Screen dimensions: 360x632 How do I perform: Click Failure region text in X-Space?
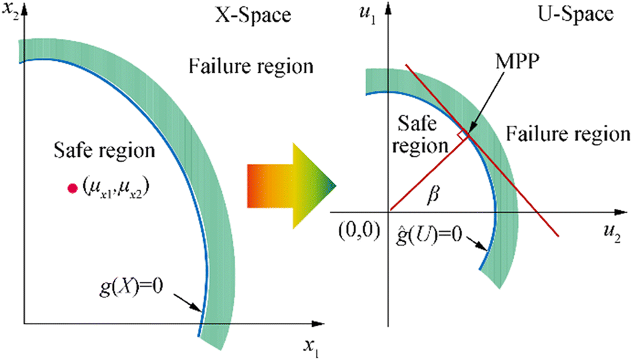(250, 66)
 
